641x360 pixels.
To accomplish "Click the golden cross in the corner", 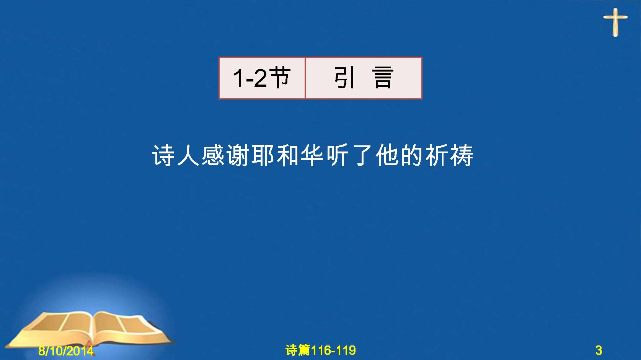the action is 615,22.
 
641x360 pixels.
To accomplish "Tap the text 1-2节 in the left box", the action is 262,78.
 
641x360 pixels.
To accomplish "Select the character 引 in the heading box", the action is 344,78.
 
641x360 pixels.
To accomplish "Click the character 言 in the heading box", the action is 383,78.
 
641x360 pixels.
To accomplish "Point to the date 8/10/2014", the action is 66,351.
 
